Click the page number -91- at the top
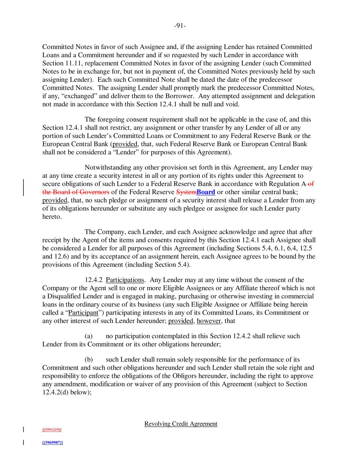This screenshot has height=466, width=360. click(180, 26)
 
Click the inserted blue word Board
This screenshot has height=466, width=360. click(206, 192)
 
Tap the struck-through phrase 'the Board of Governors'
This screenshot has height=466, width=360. click(76, 192)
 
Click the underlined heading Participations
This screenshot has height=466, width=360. click(125, 280)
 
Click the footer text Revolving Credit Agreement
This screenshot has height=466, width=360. click(181, 424)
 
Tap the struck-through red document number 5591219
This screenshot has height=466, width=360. click(52, 430)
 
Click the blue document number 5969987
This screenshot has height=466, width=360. click(52, 443)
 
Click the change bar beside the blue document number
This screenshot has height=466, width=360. click(23, 443)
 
